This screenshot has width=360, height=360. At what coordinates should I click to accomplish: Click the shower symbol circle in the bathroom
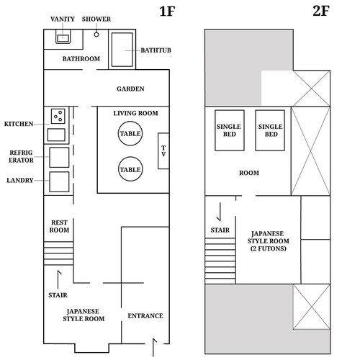tap(96, 35)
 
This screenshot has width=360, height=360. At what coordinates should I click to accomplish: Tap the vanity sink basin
tap(63, 38)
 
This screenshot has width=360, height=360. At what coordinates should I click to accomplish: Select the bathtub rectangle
tap(122, 50)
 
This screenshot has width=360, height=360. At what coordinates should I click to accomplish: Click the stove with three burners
tap(58, 116)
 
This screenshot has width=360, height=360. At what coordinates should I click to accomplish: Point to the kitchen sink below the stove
tap(56, 135)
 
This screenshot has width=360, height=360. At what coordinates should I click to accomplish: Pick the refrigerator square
tap(59, 157)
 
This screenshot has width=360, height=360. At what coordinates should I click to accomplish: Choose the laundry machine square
tap(59, 181)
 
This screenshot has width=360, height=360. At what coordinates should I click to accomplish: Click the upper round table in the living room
tap(130, 133)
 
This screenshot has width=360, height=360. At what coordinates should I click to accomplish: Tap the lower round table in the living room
tap(130, 169)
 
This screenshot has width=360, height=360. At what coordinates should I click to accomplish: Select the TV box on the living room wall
tap(163, 151)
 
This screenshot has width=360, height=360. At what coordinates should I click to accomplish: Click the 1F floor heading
tap(167, 12)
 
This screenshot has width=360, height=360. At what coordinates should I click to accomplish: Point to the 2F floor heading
tap(321, 11)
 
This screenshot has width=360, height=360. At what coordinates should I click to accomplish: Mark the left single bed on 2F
tap(230, 130)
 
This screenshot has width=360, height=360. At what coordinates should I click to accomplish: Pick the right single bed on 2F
tap(270, 130)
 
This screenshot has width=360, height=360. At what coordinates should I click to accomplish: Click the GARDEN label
tap(130, 89)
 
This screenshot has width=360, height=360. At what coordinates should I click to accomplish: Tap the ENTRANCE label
tap(145, 316)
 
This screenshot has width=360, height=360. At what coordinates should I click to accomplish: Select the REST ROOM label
tap(59, 226)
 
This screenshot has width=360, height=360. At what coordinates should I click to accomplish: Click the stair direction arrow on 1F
tap(58, 279)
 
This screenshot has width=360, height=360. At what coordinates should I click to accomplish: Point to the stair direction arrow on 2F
tap(220, 212)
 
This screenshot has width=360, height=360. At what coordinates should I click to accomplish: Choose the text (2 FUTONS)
tap(269, 248)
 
